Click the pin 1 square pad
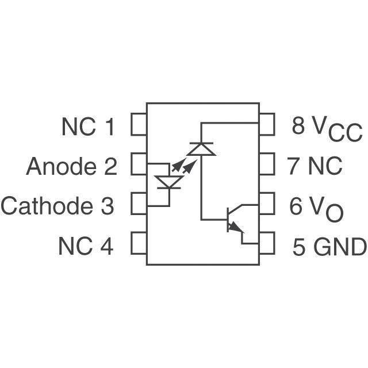tap(139, 125)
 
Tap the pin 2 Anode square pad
tap(139, 164)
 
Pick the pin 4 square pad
tap(139, 243)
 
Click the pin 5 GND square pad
tap(267, 243)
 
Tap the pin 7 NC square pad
tap(267, 164)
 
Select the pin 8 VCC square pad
tap(267, 125)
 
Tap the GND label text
tap(340, 247)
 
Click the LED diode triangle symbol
tap(169, 182)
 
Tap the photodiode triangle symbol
tap(202, 149)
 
